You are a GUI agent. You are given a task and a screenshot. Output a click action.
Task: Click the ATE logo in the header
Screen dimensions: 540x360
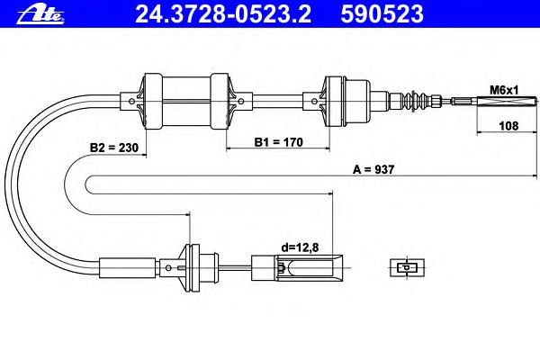tap(40, 14)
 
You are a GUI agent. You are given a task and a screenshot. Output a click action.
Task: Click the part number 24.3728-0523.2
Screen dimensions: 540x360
tap(223, 14)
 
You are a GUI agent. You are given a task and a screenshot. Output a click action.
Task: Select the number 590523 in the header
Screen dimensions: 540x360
tap(382, 14)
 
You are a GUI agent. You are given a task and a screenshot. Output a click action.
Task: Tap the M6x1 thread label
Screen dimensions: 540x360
tap(504, 91)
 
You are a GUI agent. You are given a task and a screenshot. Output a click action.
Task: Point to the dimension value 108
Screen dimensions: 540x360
tap(508, 126)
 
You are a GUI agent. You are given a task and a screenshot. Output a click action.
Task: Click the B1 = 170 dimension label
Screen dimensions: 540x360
tap(278, 142)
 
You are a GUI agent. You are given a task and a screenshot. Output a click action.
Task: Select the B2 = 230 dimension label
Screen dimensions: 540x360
tap(114, 148)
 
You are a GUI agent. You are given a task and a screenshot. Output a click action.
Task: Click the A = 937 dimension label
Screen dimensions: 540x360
tap(373, 169)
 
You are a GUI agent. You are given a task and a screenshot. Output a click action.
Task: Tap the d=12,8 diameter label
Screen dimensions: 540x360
tap(300, 247)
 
